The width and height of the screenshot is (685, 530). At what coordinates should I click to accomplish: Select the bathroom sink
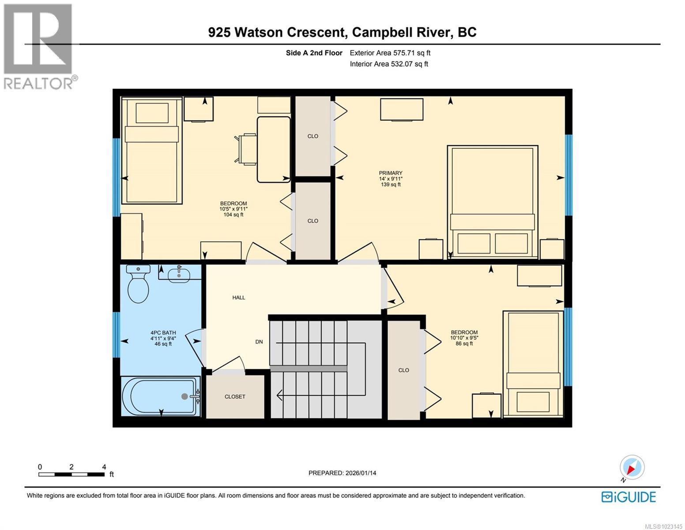(x=179, y=274)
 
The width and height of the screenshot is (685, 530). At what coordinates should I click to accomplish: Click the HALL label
(x=239, y=298)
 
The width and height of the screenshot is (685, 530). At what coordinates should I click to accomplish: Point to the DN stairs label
(x=259, y=342)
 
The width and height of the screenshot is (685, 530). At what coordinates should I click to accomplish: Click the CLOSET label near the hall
(x=235, y=397)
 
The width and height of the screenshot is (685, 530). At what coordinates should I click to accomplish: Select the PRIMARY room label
(x=391, y=173)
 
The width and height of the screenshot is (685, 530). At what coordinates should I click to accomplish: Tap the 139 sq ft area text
(x=391, y=185)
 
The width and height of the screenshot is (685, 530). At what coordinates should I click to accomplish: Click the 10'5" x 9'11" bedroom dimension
(x=233, y=209)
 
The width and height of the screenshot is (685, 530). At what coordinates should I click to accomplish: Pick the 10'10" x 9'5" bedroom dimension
(x=464, y=338)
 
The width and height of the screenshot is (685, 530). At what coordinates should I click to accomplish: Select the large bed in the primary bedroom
(x=493, y=201)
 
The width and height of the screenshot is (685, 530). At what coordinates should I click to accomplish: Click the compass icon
(x=632, y=467)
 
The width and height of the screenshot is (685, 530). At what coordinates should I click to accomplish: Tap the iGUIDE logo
(x=629, y=497)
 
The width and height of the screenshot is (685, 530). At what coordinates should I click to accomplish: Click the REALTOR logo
(x=38, y=46)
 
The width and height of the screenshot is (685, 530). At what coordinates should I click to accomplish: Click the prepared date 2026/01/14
(x=342, y=473)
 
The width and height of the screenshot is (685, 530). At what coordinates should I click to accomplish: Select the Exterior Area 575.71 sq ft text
(x=390, y=53)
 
